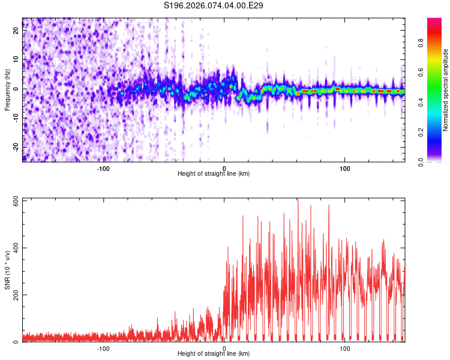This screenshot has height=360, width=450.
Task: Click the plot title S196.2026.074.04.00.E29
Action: (214, 5)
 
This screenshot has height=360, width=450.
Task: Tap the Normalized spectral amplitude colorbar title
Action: (446, 90)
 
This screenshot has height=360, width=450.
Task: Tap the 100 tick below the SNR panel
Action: (345, 348)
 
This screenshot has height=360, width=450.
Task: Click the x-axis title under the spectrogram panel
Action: (214, 174)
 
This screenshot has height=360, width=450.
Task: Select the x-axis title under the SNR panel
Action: (214, 354)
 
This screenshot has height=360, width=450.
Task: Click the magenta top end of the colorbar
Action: (434, 20)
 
